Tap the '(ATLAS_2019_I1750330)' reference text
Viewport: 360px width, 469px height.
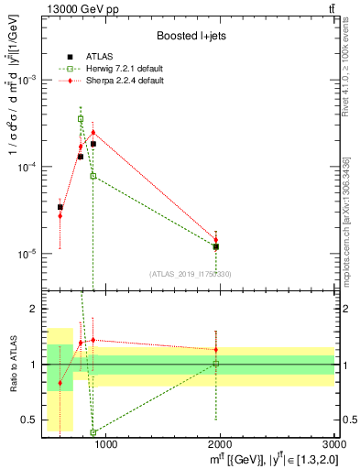190,273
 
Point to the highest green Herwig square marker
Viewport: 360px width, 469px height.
81,119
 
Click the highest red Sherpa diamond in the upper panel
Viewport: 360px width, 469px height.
93,132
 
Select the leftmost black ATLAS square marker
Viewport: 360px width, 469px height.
60,207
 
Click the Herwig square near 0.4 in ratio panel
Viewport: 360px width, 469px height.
93,432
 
